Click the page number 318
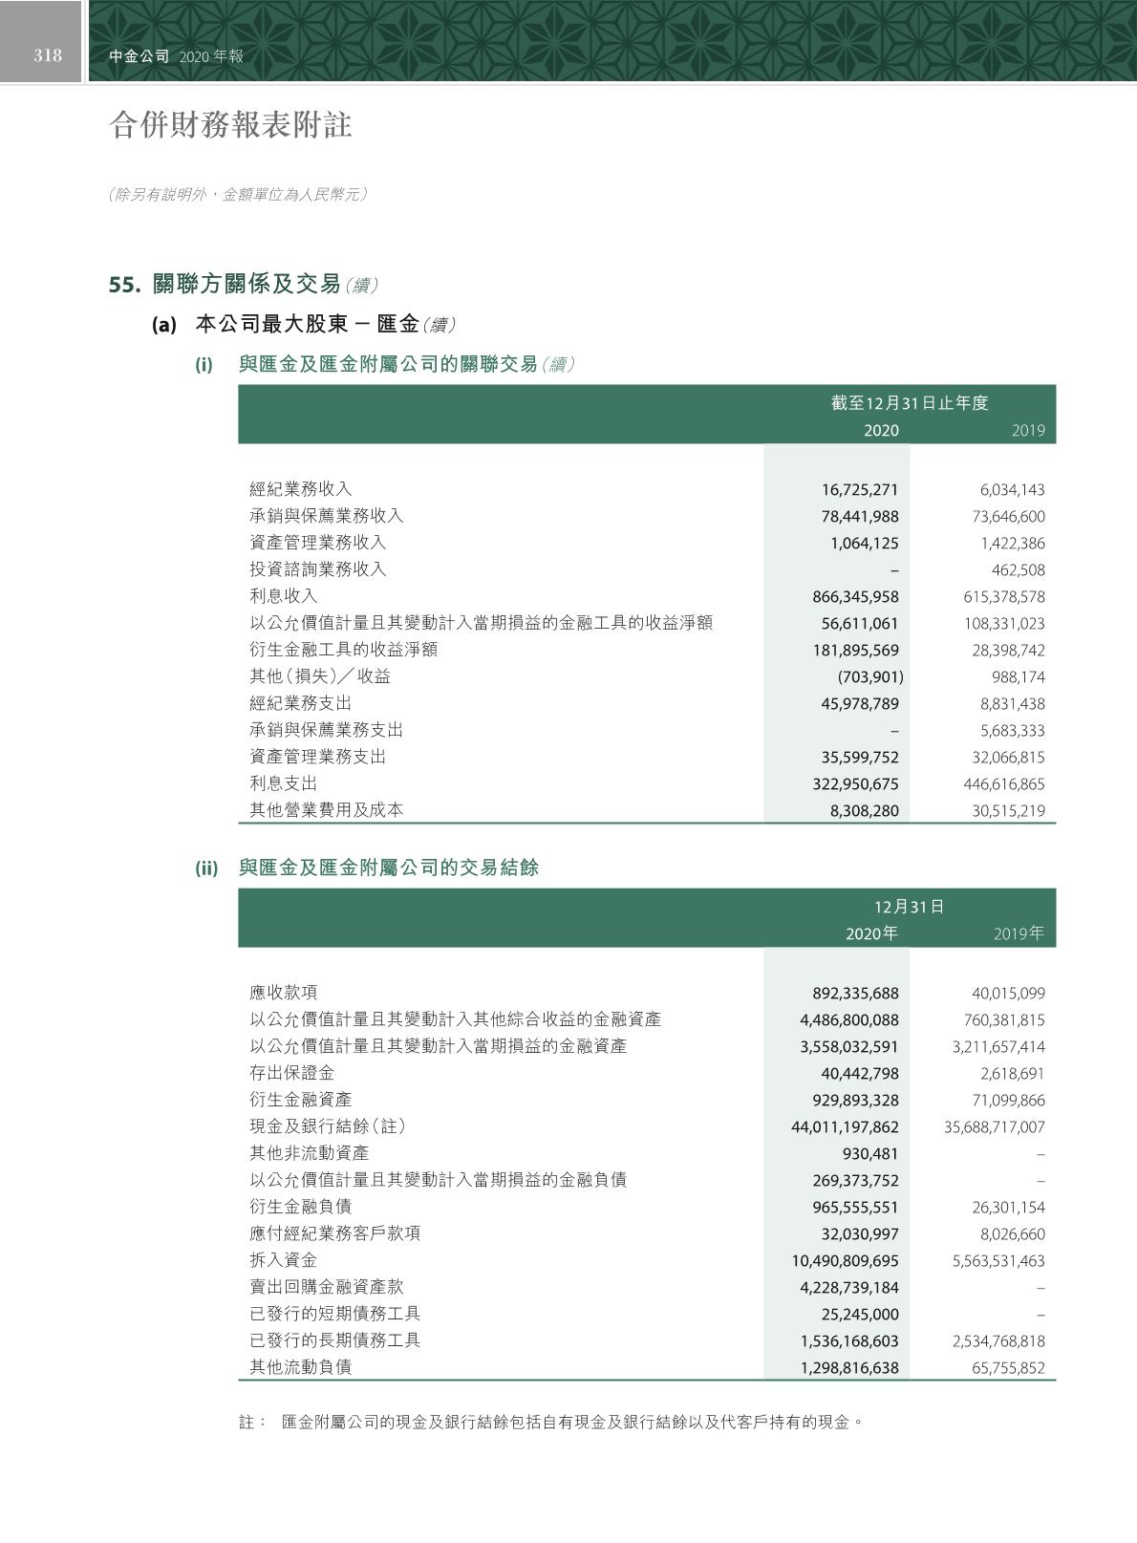point(48,55)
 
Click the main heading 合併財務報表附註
point(231,124)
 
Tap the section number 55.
point(125,285)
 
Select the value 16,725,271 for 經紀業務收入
point(860,490)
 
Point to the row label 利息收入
point(284,596)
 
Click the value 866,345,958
point(855,597)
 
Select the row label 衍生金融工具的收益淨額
point(344,650)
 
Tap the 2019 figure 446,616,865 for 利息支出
point(1004,784)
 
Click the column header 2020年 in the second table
point(871,933)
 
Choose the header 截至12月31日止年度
point(910,403)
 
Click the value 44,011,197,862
point(845,1127)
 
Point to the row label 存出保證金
point(292,1073)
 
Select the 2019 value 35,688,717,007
point(995,1127)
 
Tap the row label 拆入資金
point(284,1260)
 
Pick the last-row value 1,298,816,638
point(849,1368)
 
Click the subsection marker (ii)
point(207,868)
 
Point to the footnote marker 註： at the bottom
point(252,1423)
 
